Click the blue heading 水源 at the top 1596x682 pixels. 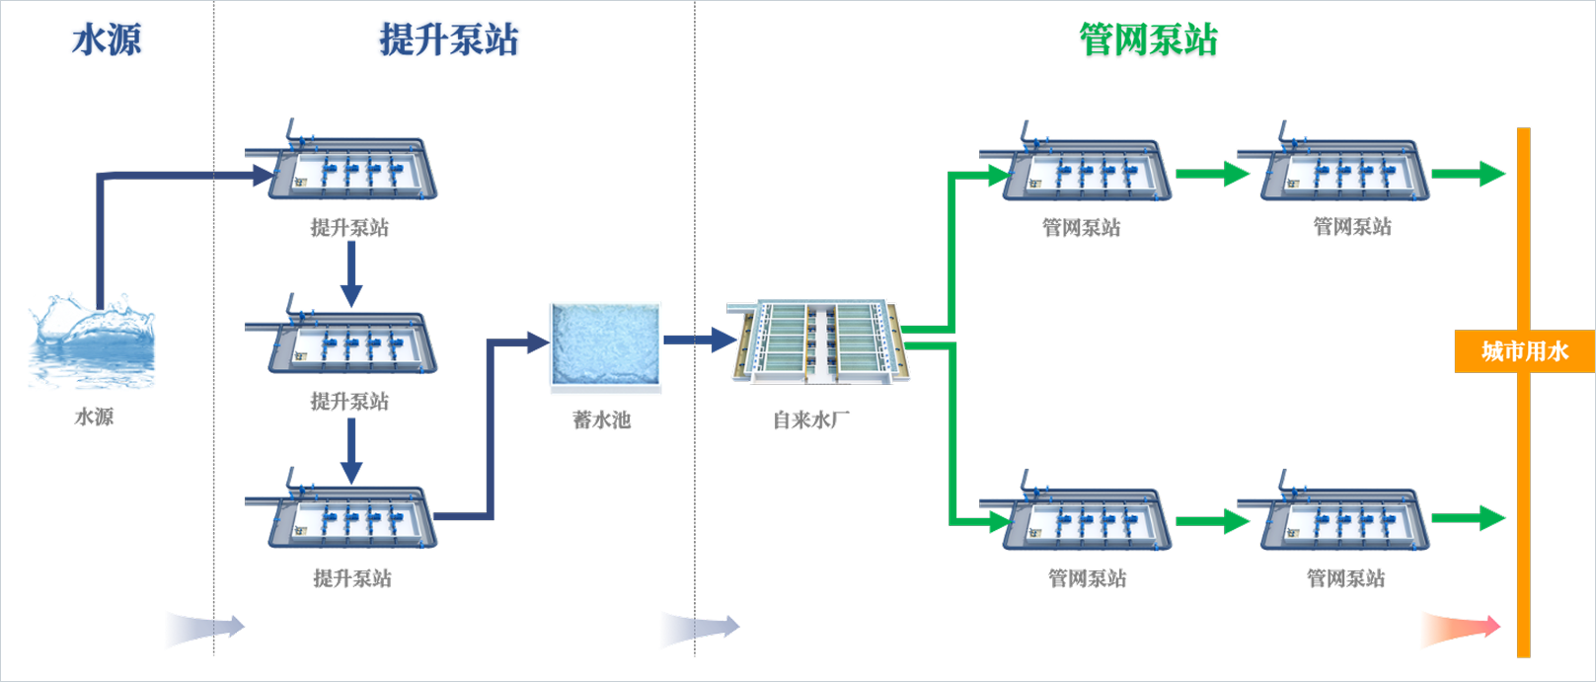[x=107, y=39]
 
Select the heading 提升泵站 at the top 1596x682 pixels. [x=449, y=39]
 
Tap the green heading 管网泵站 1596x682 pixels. [x=1149, y=39]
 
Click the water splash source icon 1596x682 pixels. [x=91, y=341]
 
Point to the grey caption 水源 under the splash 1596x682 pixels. [x=94, y=417]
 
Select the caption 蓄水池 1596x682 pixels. [x=602, y=419]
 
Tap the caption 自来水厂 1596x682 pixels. [x=811, y=419]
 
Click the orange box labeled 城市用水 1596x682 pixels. [x=1525, y=351]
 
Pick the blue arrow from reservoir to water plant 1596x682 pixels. [x=701, y=340]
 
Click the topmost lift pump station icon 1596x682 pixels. [x=341, y=160]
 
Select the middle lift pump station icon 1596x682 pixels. [x=341, y=334]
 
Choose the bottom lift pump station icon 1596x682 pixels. [x=341, y=508]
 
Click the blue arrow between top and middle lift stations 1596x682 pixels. [x=351, y=274]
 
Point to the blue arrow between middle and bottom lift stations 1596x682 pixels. [x=351, y=451]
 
